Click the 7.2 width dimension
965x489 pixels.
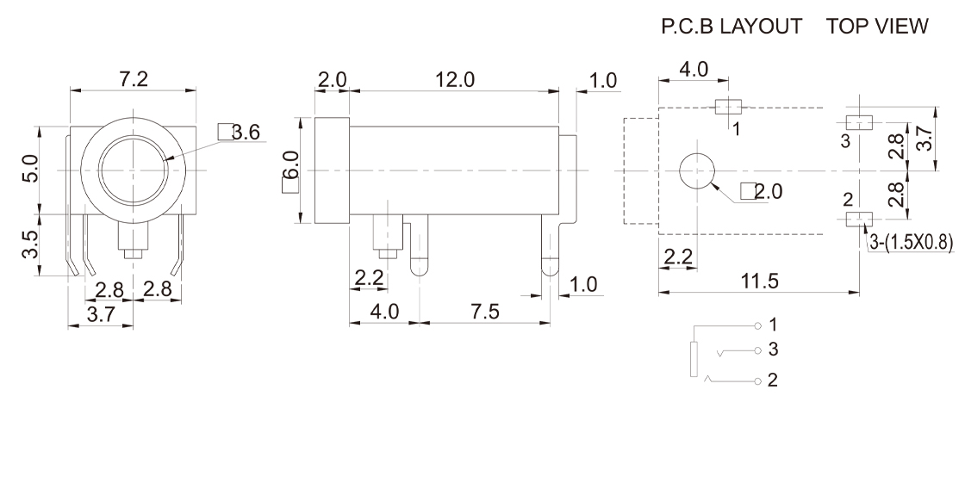(x=134, y=79)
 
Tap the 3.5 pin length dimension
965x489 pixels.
(x=29, y=245)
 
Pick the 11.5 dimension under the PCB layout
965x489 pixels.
(x=758, y=280)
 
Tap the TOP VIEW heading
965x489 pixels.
(x=877, y=28)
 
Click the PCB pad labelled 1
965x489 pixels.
(x=729, y=107)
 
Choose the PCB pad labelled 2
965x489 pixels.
(x=858, y=220)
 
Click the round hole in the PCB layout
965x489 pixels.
(x=697, y=170)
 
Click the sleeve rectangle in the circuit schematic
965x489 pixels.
(x=694, y=359)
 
